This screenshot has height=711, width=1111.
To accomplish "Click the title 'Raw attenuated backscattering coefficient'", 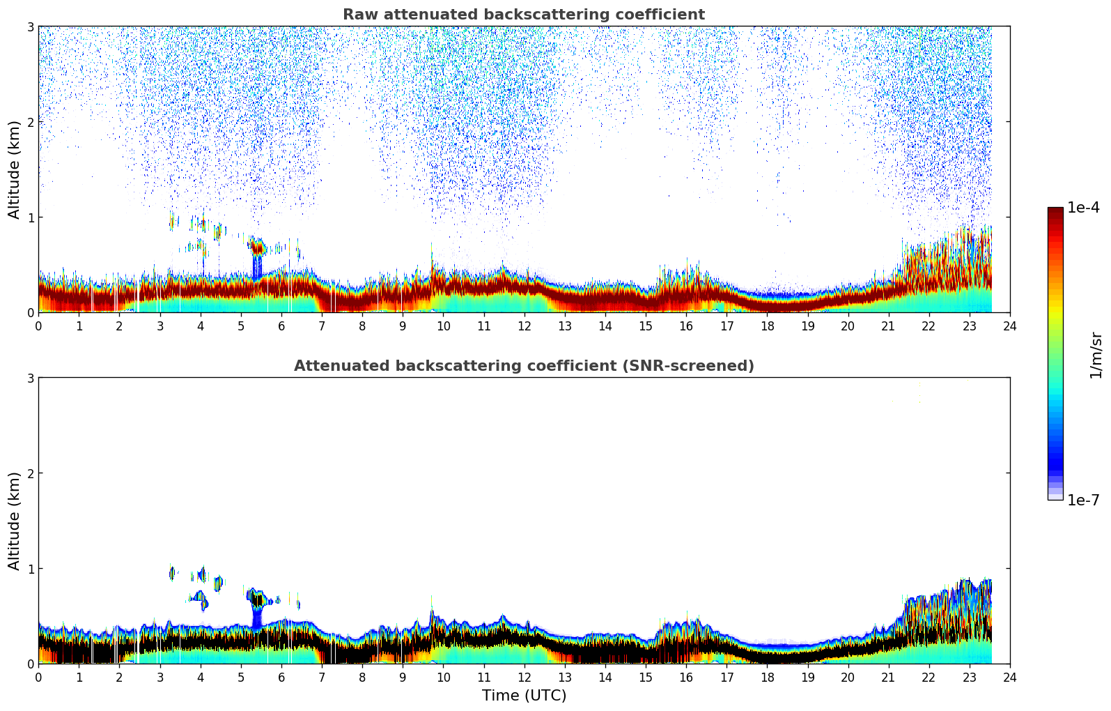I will [x=523, y=15].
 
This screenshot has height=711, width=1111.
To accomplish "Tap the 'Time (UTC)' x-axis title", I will [x=524, y=696].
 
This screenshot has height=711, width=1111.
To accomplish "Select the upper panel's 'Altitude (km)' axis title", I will [x=14, y=169].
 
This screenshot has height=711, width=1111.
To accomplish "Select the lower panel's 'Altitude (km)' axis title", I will [x=14, y=521].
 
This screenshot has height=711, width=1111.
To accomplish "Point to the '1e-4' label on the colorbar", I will [x=1083, y=208].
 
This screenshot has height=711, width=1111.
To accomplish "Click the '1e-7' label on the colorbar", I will [x=1083, y=500].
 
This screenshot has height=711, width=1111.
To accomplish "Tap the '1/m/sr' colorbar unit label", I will [x=1096, y=355].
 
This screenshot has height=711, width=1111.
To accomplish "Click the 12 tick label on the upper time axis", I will [x=524, y=326].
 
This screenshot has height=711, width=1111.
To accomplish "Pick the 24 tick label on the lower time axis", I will [x=1010, y=677].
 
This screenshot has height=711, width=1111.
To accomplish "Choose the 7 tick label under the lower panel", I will [x=322, y=677].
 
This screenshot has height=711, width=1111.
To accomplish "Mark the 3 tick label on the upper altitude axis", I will [x=30, y=26].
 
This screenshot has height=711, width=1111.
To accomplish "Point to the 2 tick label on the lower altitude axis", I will [x=30, y=473].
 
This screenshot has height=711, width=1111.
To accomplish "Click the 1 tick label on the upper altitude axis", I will [x=30, y=217].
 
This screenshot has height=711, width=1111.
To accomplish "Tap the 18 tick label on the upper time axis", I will [x=767, y=326].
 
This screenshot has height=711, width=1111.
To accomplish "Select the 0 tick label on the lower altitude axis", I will [x=30, y=664].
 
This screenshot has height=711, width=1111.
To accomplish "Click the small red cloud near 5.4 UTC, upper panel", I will [x=257, y=247].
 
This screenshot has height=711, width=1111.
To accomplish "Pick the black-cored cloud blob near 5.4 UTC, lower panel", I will [x=258, y=599].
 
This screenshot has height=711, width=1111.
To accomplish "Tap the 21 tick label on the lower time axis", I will [x=888, y=677].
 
